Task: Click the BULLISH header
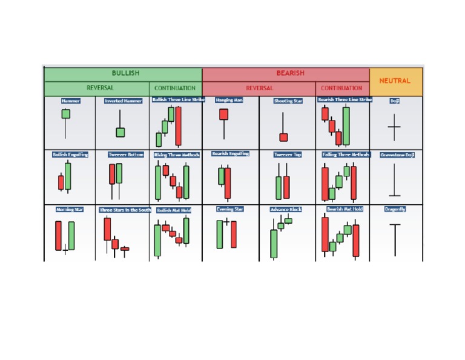125,73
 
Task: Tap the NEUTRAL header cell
395,81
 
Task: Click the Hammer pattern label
70,101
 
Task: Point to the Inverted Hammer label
124,101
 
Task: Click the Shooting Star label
288,101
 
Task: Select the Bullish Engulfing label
70,155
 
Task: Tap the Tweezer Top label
288,155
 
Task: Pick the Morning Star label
70,209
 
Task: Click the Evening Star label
229,209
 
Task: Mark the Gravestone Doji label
397,155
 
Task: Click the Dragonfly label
395,209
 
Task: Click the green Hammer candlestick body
65,114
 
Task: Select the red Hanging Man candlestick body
223,115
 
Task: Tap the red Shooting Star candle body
283,138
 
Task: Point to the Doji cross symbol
394,128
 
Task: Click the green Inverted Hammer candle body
120,132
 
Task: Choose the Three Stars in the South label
125,210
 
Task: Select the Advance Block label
286,209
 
